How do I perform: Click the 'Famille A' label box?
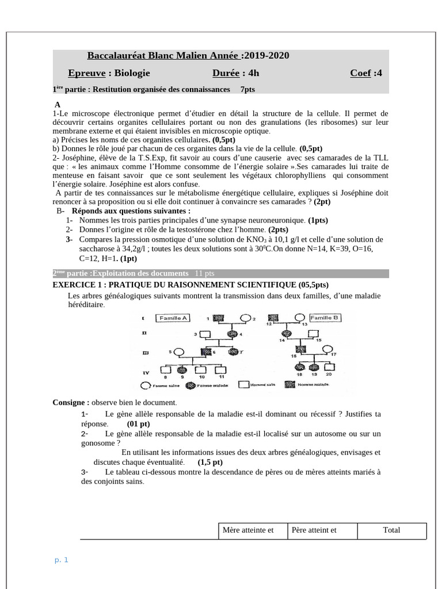coord(173,318)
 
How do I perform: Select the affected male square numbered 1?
coord(219,318)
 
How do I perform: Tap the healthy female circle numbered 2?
coord(245,318)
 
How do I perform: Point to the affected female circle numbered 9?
coord(183,369)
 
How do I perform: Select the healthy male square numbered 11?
coord(222,369)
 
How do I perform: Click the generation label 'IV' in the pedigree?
coord(146,372)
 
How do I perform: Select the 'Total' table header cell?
coord(391,530)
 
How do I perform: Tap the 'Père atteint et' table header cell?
coord(322,530)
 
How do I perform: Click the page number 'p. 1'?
coord(62,560)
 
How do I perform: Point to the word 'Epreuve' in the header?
coord(86,73)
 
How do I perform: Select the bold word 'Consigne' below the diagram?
coord(70,402)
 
